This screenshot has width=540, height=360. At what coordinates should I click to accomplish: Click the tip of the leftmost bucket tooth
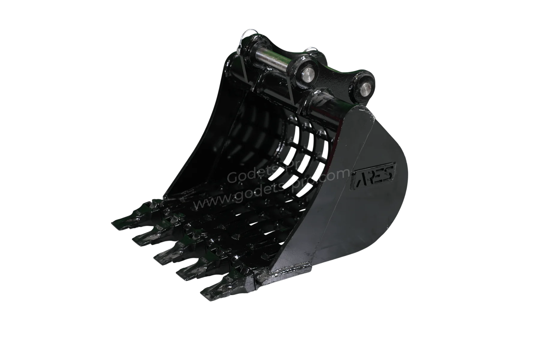(113, 223)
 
